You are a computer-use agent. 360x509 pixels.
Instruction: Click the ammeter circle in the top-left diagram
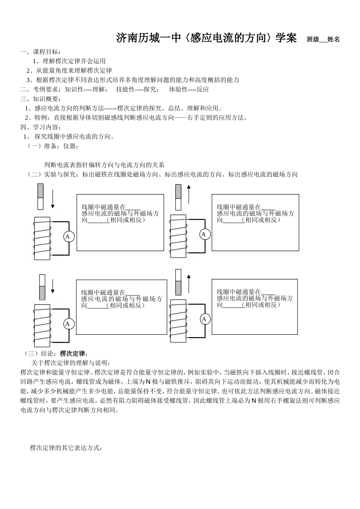click(x=68, y=237)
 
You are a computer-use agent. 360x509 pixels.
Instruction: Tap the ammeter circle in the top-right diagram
click(x=204, y=234)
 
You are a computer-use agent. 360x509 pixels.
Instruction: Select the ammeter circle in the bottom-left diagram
click(x=68, y=324)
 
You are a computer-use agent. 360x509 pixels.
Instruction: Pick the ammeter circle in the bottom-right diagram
click(x=204, y=319)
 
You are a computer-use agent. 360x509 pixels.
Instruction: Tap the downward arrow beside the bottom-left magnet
click(x=53, y=286)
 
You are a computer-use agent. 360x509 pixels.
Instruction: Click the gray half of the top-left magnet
click(x=41, y=190)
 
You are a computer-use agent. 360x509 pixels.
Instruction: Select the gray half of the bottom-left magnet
click(x=42, y=293)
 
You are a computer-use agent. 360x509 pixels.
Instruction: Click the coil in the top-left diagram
click(x=42, y=239)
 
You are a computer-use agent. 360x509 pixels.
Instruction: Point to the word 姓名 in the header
click(x=333, y=39)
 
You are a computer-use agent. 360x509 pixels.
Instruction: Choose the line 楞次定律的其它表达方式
click(x=66, y=448)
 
